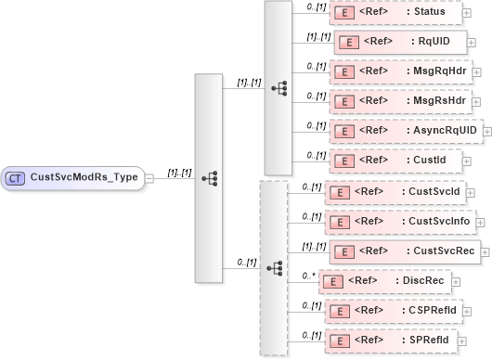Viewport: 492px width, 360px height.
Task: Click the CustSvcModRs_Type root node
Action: [74, 178]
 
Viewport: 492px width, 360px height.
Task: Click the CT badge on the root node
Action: [16, 178]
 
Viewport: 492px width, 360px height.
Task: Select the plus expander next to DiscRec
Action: [452, 281]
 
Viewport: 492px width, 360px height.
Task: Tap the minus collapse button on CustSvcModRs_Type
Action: [150, 178]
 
